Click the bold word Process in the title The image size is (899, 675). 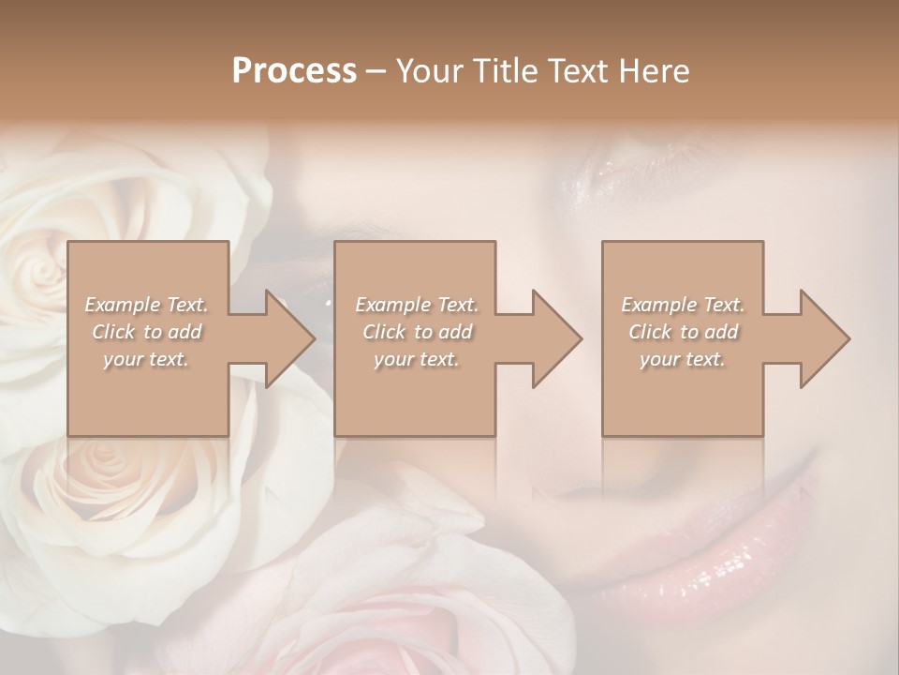tap(294, 71)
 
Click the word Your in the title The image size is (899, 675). tap(425, 71)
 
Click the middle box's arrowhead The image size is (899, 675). tap(557, 338)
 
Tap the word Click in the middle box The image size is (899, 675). tap(384, 332)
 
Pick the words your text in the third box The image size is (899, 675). tap(682, 359)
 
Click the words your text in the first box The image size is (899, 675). tap(146, 359)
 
